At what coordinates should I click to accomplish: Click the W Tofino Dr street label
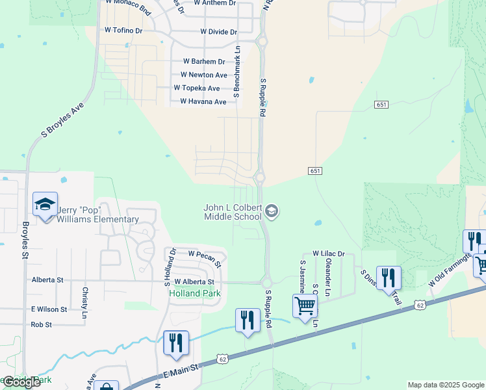[x=123, y=31]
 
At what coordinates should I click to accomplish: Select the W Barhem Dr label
[x=203, y=62]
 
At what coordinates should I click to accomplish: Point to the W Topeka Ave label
[x=197, y=88]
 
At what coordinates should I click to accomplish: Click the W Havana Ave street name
[x=203, y=101]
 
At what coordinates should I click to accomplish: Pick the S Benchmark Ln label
[x=237, y=71]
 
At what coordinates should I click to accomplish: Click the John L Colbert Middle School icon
[x=272, y=211]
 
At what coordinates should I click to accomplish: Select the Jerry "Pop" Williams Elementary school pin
[x=45, y=205]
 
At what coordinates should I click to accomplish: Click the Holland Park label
[x=195, y=293]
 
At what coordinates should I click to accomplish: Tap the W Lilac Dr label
[x=328, y=253]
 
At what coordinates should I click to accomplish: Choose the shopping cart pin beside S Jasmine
[x=305, y=305]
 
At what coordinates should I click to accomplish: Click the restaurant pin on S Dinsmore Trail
[x=389, y=276]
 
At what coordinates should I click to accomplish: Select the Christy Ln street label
[x=84, y=297]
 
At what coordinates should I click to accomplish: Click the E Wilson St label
[x=49, y=309]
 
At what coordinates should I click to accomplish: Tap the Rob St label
[x=41, y=324]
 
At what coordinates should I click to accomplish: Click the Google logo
[x=21, y=382]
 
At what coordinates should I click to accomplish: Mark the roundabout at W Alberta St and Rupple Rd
[x=266, y=282]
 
